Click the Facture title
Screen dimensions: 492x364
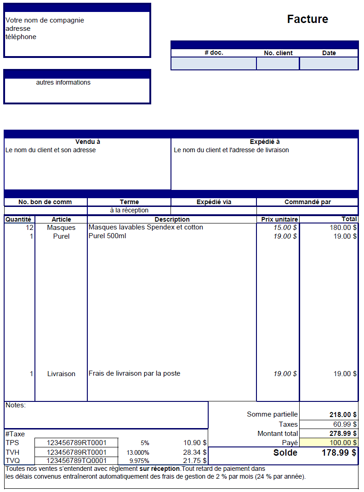pos(307,19)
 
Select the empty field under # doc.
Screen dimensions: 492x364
pos(214,63)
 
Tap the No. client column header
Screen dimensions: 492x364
pos(278,53)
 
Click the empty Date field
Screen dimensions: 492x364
pos(329,63)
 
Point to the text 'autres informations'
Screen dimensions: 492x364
pos(63,83)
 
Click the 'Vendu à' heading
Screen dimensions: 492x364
pos(88,142)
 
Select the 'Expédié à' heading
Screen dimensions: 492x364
pos(265,142)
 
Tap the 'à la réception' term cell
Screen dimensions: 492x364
pos(129,210)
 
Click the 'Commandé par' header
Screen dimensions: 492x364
pos(307,202)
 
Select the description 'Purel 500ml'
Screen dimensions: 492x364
pos(107,236)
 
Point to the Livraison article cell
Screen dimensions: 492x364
pos(61,374)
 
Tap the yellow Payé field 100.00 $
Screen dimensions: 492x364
pos(329,443)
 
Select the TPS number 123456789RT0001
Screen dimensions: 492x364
pos(77,443)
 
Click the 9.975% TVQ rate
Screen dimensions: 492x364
pos(139,461)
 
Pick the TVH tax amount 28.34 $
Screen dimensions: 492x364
pos(195,452)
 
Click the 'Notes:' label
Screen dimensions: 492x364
pos(16,405)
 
